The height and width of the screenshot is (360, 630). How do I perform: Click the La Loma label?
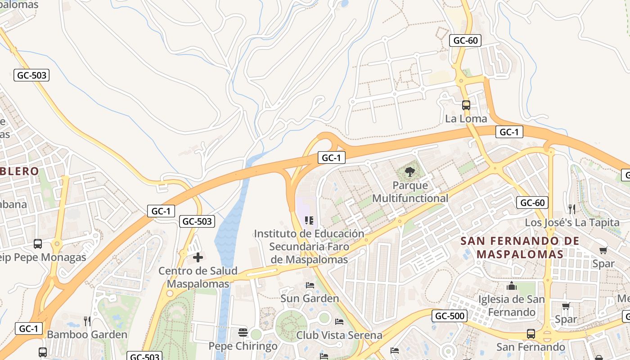coord(466,119)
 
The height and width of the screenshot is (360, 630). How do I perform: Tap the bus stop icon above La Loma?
coord(466,105)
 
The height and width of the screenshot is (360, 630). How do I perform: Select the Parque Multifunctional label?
coord(410,192)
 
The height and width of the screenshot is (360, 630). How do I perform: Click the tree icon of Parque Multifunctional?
coord(409,171)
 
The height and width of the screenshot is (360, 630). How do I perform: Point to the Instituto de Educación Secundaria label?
coord(309,247)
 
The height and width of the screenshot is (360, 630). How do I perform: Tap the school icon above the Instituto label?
coord(309,220)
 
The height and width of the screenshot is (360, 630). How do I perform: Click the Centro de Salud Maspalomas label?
coord(198,277)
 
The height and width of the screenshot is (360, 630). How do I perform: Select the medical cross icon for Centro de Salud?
coord(198,257)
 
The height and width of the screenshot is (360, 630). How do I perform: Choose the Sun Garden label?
coord(310,298)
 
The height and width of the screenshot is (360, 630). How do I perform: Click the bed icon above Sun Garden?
coord(310,285)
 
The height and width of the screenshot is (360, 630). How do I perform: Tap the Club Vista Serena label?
coord(339,335)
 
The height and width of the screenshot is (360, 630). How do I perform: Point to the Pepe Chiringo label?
coord(243,346)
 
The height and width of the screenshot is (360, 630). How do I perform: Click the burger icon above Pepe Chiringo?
coord(243,333)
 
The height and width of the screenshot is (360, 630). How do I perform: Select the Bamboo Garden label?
coord(87,334)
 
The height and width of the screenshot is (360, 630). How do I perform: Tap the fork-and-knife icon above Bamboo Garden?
coord(87,321)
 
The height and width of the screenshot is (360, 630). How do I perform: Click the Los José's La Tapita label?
coord(572,223)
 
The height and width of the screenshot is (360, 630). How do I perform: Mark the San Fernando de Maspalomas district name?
coord(520,247)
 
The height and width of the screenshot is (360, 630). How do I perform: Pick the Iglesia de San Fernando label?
coord(511,306)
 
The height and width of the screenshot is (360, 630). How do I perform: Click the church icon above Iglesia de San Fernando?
coord(511,286)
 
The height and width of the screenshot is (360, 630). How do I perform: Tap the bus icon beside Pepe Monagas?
coord(38,244)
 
